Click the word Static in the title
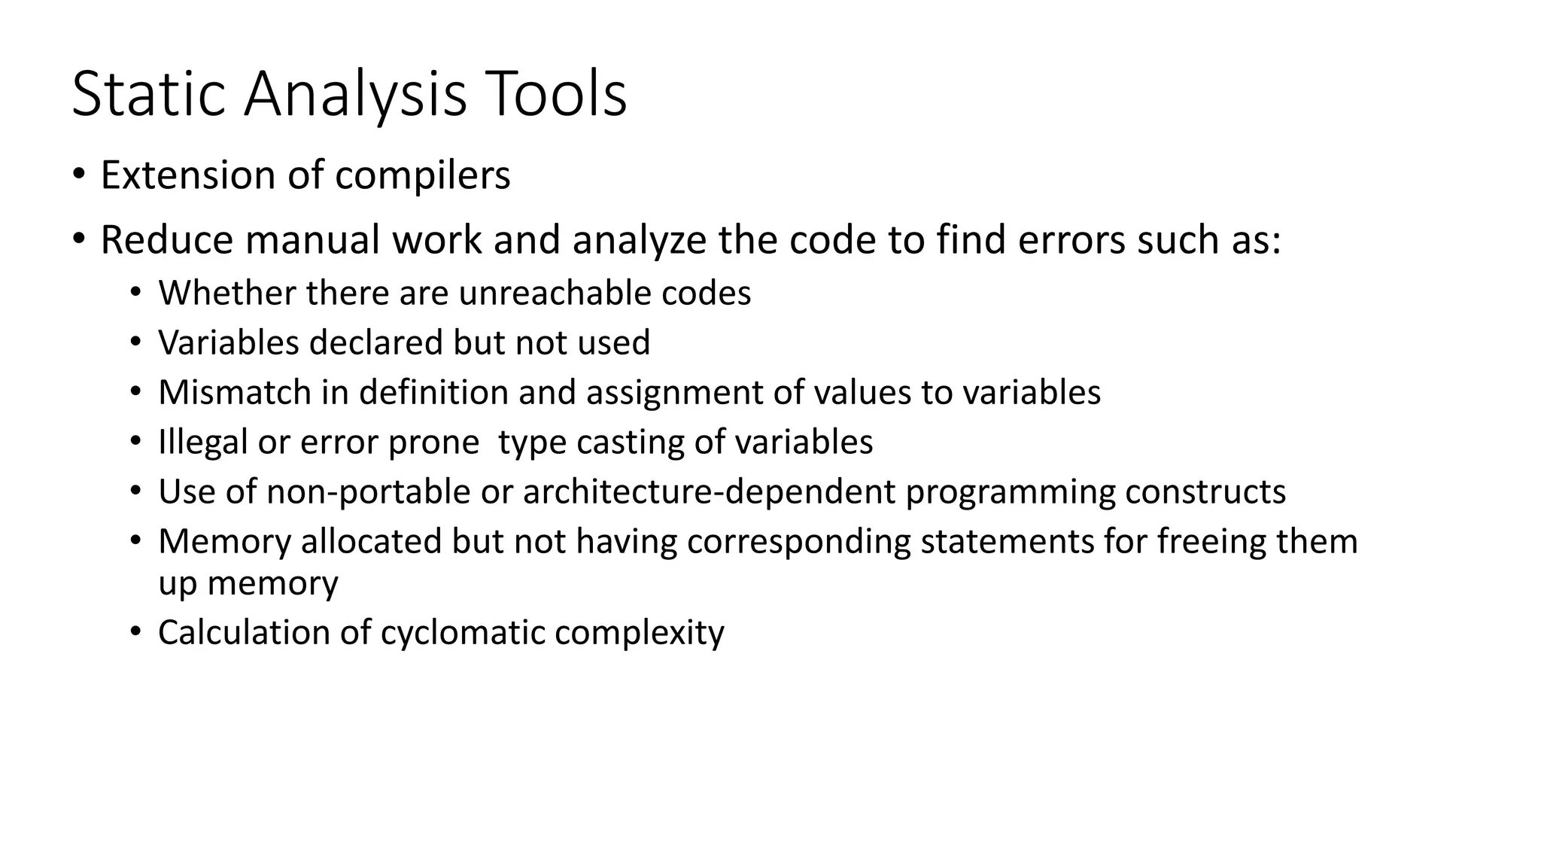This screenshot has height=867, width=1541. point(148,95)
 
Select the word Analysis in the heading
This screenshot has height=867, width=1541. point(354,95)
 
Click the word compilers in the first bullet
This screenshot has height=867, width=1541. point(422,176)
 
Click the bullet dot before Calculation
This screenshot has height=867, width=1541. point(135,631)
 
